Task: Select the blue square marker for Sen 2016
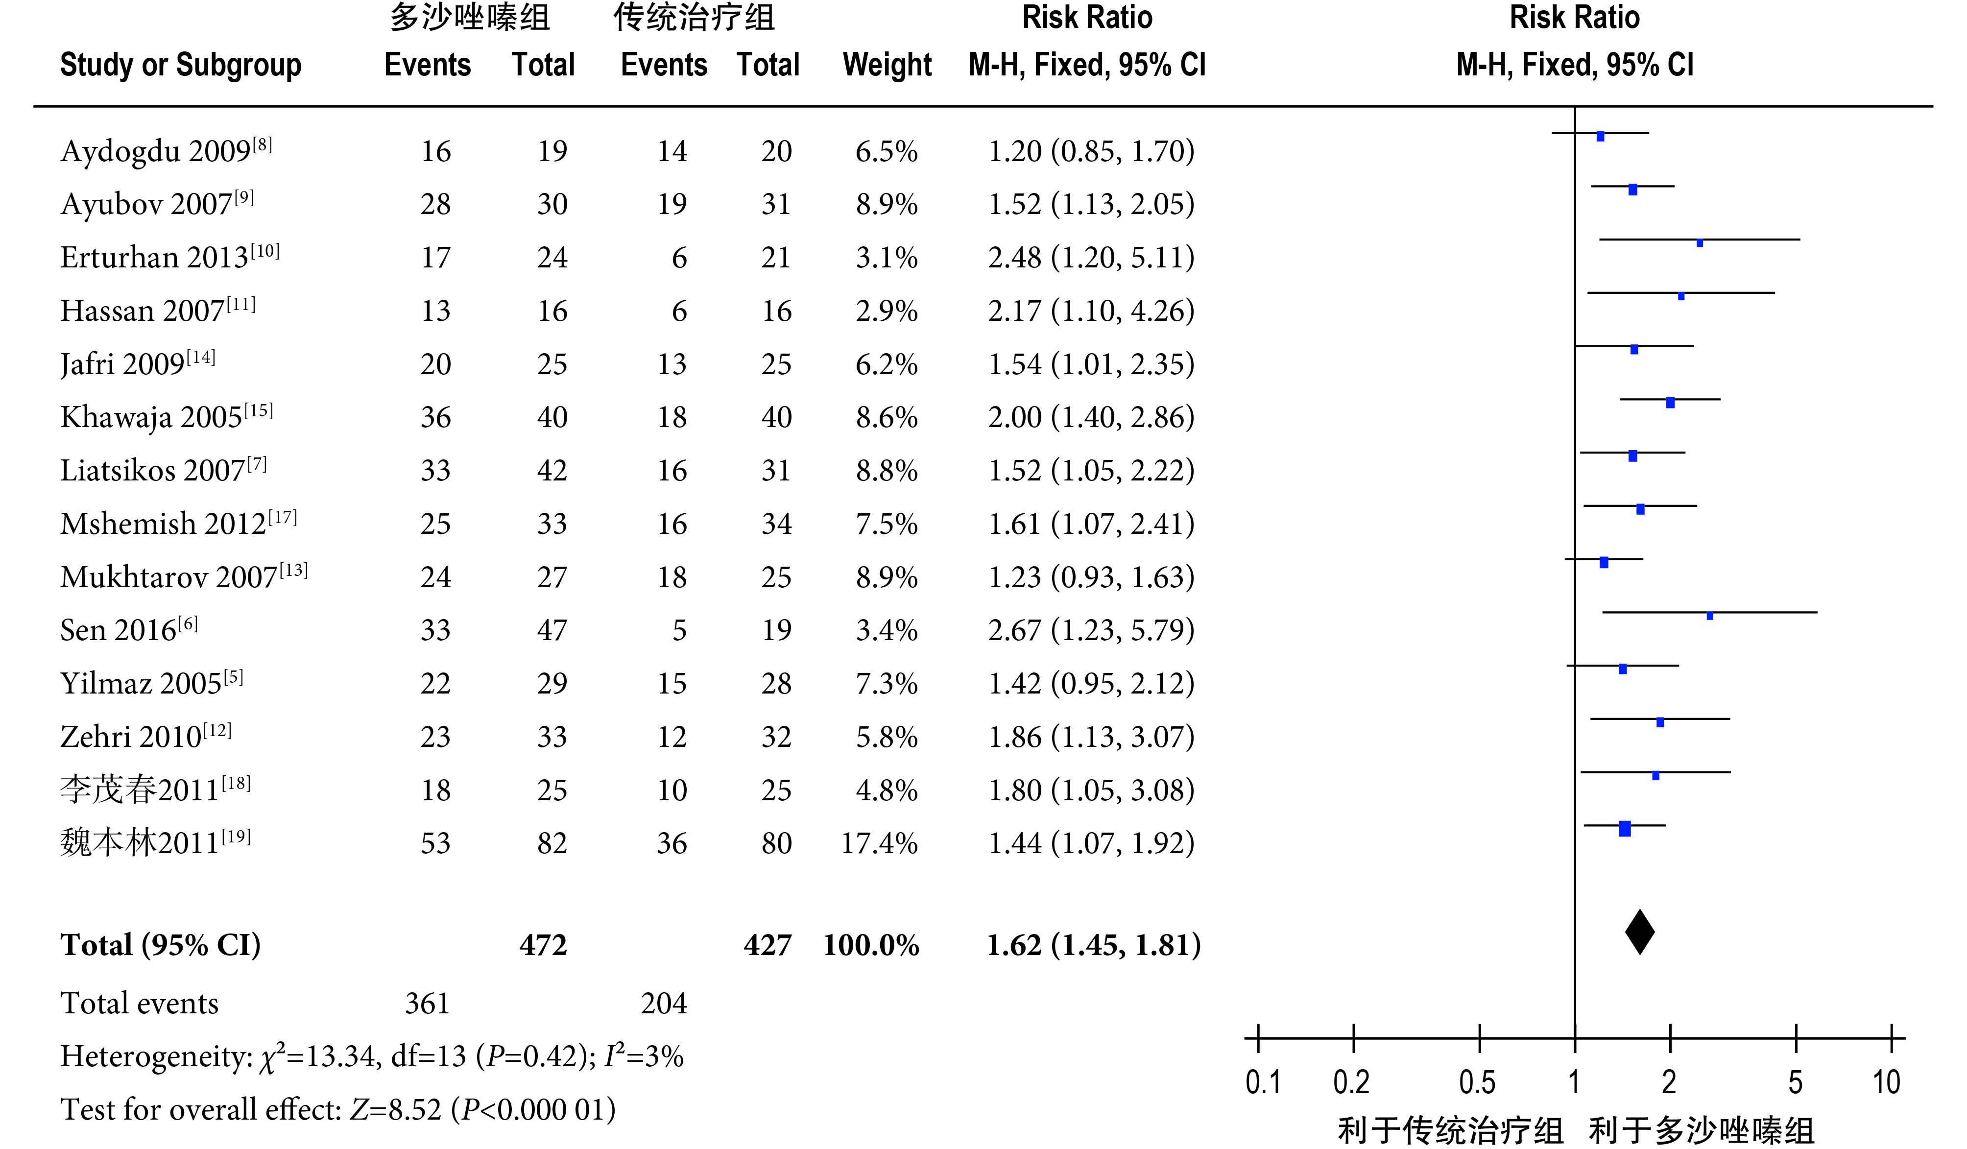(1709, 616)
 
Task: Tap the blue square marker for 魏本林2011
(1624, 829)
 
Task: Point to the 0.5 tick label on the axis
(1478, 1083)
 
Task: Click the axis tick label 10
(1886, 1083)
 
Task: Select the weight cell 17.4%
(879, 844)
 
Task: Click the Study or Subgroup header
(180, 65)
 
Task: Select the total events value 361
(427, 1003)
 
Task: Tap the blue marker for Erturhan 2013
(1699, 243)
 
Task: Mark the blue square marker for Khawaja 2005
(1670, 403)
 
